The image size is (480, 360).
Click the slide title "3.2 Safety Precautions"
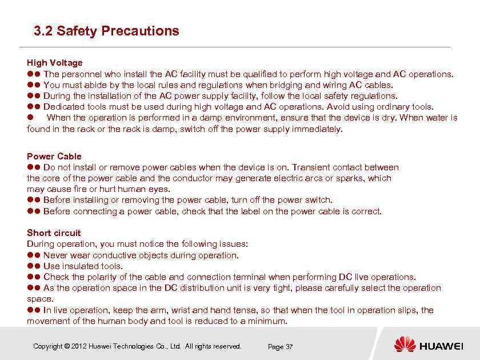coord(106,31)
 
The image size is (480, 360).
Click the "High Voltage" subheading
coord(55,62)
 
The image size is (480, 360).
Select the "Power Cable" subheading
coord(54,156)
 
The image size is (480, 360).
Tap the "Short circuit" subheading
coord(54,233)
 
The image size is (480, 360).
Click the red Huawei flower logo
coord(405,345)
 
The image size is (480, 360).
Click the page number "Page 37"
coord(280,347)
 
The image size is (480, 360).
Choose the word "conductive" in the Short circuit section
coord(115,255)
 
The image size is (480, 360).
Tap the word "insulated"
coord(80,266)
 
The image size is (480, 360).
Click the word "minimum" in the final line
coord(268,321)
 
